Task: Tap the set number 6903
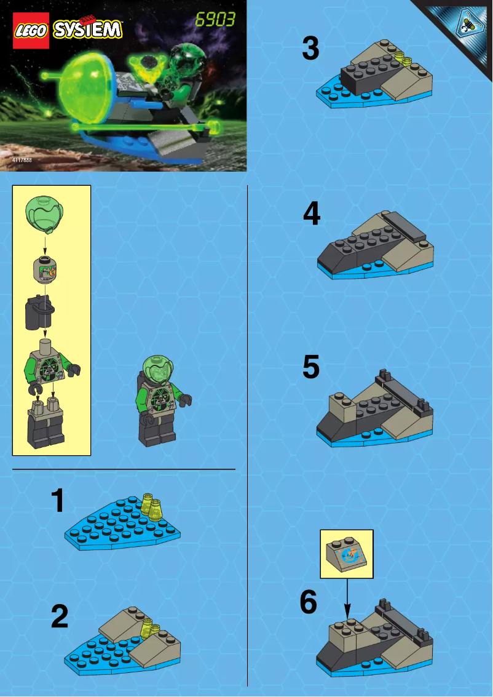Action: pyautogui.click(x=215, y=20)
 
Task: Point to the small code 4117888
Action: pyautogui.click(x=22, y=160)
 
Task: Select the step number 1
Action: pyautogui.click(x=58, y=501)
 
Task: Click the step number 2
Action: pyautogui.click(x=60, y=617)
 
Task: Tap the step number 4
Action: pyautogui.click(x=312, y=215)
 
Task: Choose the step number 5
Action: pyautogui.click(x=311, y=367)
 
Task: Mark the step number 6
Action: pyautogui.click(x=309, y=603)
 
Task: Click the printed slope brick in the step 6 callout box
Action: pyautogui.click(x=346, y=554)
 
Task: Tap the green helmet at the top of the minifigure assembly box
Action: pyautogui.click(x=44, y=212)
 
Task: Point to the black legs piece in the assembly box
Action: pyautogui.click(x=46, y=424)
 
